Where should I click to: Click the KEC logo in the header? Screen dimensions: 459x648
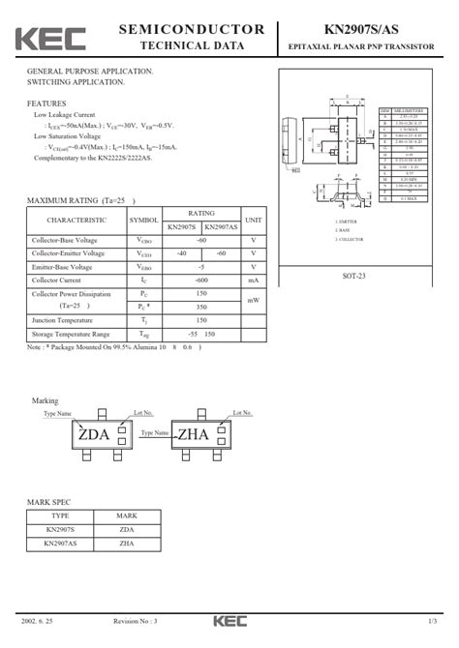[49, 38]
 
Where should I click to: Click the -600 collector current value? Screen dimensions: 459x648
[201, 280]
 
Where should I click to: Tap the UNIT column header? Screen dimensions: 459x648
[253, 220]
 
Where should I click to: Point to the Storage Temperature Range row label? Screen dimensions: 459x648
[71, 334]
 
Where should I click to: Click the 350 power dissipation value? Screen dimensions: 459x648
[201, 307]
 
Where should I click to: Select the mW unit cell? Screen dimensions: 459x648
[253, 300]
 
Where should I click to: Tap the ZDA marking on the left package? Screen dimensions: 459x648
[94, 434]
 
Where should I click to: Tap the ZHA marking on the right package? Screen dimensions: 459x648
[194, 434]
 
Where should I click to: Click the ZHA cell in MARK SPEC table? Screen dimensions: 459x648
[126, 545]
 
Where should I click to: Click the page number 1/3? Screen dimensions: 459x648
[431, 620]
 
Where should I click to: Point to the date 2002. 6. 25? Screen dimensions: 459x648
[39, 620]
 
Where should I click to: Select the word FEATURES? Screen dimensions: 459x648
[46, 103]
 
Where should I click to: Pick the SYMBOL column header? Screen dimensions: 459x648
[143, 220]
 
